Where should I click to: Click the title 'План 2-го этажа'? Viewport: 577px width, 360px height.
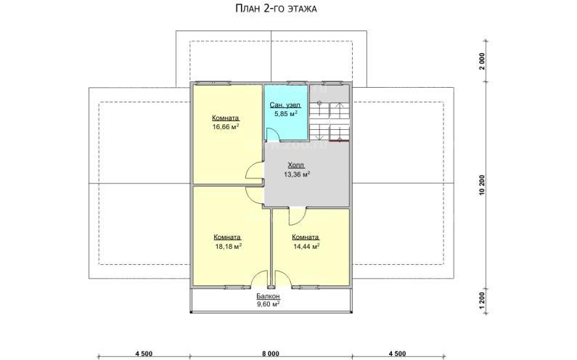276,9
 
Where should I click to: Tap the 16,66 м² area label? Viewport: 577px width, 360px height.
226,126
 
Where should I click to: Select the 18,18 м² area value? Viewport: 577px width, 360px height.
228,246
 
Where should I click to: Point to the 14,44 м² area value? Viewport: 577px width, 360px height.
306,246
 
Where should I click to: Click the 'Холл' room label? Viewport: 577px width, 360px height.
296,165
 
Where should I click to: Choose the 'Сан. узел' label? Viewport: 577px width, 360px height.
285,105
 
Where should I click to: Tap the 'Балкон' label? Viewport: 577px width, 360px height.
269,296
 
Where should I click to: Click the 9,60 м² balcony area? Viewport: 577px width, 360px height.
269,303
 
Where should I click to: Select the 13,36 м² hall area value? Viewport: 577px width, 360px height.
297,174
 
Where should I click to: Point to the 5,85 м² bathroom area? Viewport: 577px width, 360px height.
285,114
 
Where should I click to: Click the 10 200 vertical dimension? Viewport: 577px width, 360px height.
482,185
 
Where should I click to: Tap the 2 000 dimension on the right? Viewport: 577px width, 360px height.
482,61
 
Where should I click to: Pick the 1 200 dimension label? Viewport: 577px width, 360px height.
482,301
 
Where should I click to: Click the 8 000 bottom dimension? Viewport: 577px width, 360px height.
271,354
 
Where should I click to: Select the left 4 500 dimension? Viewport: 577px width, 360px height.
144,354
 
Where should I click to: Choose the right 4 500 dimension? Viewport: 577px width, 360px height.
398,354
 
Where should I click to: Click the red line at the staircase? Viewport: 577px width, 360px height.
339,141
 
